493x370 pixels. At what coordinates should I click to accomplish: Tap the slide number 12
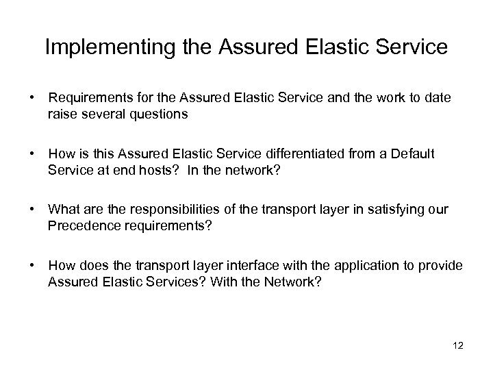coord(458,346)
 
